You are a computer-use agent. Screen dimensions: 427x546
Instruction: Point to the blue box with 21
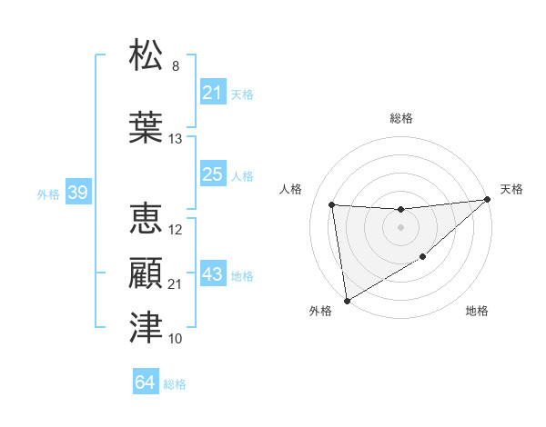click(212, 93)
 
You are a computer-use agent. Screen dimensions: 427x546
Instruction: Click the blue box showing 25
click(212, 174)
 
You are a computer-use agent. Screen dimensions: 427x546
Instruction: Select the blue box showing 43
click(212, 274)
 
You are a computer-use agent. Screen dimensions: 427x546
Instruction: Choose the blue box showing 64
click(146, 382)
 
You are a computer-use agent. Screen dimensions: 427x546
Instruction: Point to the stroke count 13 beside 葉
click(176, 139)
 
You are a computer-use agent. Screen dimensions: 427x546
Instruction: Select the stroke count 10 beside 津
click(176, 339)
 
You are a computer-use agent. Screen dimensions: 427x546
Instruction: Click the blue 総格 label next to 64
click(175, 384)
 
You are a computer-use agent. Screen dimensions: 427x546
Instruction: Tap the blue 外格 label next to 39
click(48, 194)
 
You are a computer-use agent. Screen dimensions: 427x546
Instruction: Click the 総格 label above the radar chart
click(400, 118)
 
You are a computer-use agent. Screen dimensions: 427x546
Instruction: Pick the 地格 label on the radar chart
click(477, 312)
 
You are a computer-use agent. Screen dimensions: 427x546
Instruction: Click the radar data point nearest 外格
click(347, 300)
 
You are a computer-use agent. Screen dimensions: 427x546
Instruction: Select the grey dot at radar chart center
click(400, 227)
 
